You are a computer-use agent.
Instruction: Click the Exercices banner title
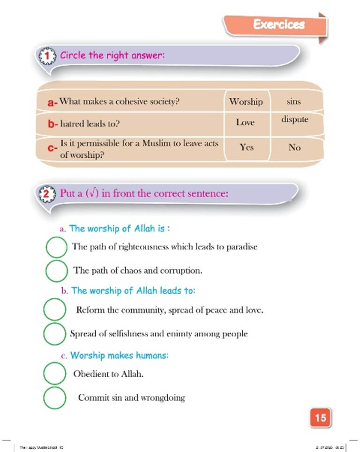point(279,24)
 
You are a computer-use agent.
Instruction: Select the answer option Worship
point(246,101)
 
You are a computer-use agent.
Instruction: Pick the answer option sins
point(293,101)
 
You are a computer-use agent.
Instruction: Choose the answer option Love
point(245,123)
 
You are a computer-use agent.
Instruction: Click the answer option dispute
point(295,119)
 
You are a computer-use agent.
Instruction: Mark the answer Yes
point(247,147)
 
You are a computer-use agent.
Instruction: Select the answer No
point(294,148)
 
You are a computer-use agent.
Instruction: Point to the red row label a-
point(52,102)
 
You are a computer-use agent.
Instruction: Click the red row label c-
point(52,148)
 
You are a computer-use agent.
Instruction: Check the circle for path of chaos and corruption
point(56,270)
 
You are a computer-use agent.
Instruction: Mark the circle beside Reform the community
point(54,310)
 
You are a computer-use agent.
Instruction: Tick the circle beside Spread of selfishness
point(54,333)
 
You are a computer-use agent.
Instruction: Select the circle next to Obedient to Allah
point(54,373)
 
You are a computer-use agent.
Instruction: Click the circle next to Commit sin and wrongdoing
point(54,397)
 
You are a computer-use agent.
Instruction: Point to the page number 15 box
point(320,417)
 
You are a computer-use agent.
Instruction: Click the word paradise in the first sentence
point(242,246)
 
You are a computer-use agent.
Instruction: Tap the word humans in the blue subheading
point(151,356)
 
